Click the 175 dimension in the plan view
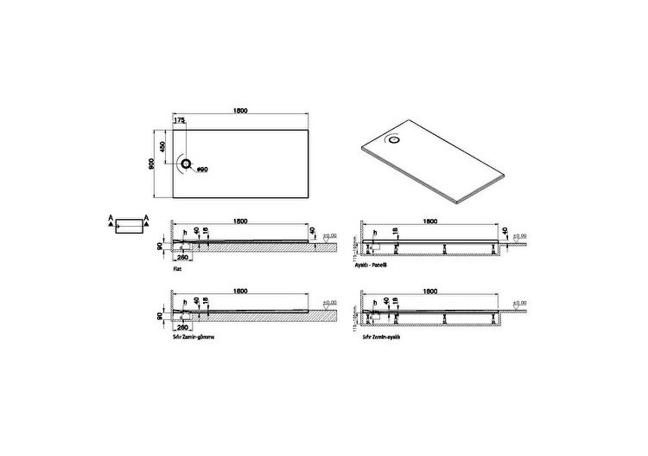coord(180,121)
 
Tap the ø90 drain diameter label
coord(201,169)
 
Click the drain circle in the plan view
coord(185,163)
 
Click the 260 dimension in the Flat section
coord(182,258)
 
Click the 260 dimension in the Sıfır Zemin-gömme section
coord(182,324)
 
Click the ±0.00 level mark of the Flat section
coord(328,235)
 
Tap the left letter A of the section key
coord(111,217)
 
